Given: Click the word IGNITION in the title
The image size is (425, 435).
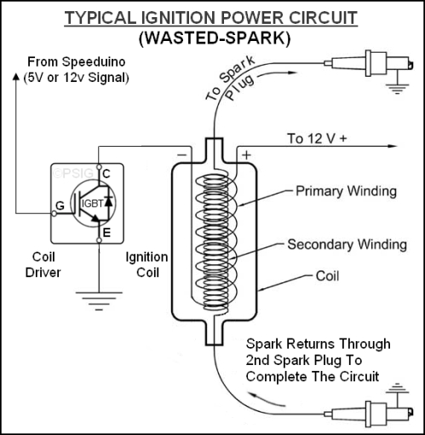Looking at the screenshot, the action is [x=179, y=18].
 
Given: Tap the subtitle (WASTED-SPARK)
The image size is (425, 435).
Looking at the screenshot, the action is [x=215, y=38].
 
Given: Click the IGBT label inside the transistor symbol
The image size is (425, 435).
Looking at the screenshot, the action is [x=93, y=204].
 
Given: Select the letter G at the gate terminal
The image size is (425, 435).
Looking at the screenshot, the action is [x=60, y=206].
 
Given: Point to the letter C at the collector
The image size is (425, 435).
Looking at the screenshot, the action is [x=106, y=174].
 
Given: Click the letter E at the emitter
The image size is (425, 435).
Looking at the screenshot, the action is [x=106, y=233].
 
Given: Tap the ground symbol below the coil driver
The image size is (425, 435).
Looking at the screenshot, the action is [x=99, y=301].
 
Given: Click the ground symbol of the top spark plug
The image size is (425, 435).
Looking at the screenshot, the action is [x=397, y=89].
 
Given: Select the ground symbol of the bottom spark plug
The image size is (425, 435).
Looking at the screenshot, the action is [x=397, y=388].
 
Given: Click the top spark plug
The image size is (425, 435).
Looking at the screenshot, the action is [x=369, y=63].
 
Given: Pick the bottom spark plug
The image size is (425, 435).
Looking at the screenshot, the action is [x=369, y=414].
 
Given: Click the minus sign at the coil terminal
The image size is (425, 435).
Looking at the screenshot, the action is [x=182, y=155].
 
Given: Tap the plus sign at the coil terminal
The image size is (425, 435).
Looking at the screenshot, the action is [x=246, y=155].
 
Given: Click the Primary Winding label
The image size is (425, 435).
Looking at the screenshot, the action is [x=346, y=191].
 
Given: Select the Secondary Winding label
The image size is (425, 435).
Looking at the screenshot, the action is [x=347, y=245].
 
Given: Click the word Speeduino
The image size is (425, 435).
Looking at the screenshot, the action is [x=94, y=62].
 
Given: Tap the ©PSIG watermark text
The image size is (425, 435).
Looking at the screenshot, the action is [x=73, y=173].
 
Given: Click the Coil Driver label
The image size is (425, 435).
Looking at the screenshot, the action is [x=43, y=264].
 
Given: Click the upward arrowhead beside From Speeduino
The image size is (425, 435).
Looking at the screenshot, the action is [x=16, y=77].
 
